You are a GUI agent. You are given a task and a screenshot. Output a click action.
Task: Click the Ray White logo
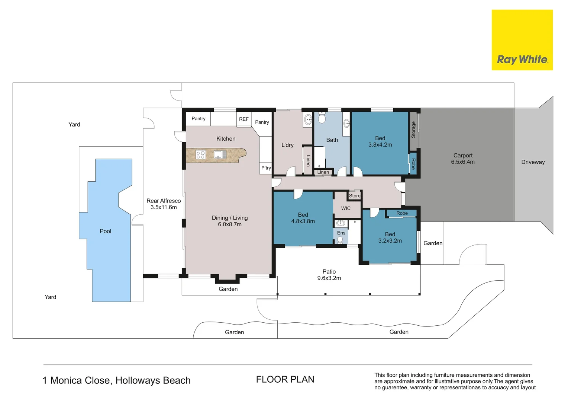coord(522,40)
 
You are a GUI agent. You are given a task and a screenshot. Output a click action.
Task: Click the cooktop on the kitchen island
coord(200,154)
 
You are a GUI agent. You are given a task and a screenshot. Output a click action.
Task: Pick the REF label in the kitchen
coord(244,119)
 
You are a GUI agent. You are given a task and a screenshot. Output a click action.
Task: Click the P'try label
coord(266,168)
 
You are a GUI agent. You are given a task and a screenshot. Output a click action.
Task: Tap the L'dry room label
coord(287,145)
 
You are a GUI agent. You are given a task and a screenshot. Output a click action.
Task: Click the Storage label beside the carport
coord(413,130)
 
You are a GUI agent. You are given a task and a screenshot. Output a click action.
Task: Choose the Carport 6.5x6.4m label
coord(463,159)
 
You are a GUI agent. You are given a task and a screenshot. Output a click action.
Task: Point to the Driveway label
coord(533,162)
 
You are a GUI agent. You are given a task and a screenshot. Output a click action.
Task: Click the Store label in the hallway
coord(355,196)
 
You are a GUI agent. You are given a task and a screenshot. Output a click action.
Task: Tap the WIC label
coord(346,208)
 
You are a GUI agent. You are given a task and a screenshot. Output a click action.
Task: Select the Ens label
coord(341,233)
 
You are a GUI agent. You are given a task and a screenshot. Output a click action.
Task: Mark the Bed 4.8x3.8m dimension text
coord(303,221)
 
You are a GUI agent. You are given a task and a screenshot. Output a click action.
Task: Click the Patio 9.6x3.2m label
coord(329,275)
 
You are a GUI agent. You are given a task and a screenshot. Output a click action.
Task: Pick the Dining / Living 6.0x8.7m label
coord(230,221)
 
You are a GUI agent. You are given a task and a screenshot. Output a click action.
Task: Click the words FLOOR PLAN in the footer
coord(285,379)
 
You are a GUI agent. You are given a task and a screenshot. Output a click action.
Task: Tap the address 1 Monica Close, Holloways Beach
coord(116,380)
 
